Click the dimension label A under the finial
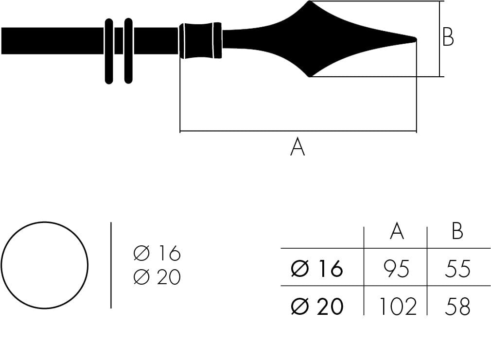pos(297,147)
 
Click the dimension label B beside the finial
pos(448,37)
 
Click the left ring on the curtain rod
pos(109,51)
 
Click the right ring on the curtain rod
pos(128,51)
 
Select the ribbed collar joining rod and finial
pos(201,40)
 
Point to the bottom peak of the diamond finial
pos(310,76)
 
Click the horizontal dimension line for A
pos(298,131)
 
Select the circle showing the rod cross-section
pos(44,265)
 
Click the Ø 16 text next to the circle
pos(157,254)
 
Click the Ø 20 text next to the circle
pos(157,277)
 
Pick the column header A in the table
pos(397,232)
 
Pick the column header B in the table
pos(457,232)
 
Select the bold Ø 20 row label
pos(317,307)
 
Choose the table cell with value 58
pos(457,307)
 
